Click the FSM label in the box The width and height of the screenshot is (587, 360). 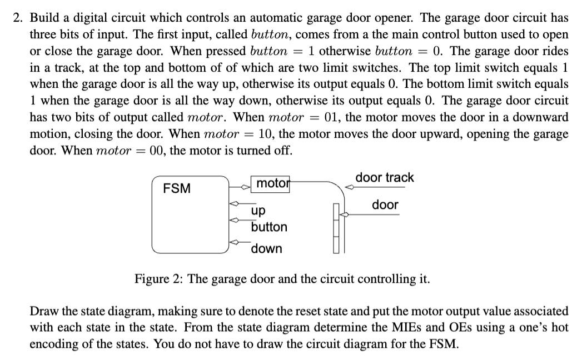[176, 188]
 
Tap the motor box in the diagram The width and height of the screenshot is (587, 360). [272, 183]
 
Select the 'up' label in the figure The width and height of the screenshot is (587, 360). [258, 211]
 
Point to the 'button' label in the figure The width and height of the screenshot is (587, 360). [269, 227]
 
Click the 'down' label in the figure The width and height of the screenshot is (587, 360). [266, 248]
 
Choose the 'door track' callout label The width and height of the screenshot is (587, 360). [385, 177]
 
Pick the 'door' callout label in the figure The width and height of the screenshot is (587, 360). [385, 204]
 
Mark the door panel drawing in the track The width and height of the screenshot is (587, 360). [336, 228]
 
